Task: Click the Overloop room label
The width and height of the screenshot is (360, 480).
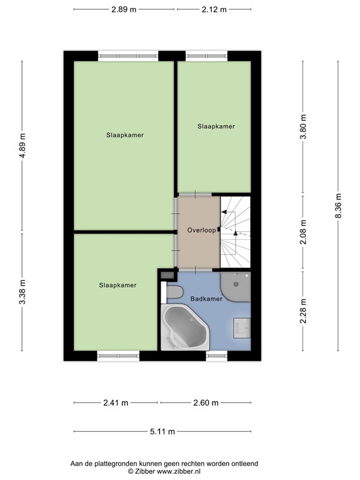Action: (x=201, y=230)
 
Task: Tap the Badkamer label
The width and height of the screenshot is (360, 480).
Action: (x=206, y=299)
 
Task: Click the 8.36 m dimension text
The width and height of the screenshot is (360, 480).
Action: (x=338, y=206)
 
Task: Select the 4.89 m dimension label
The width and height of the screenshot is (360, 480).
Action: (x=22, y=146)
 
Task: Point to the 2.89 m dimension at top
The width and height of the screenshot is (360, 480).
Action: (x=124, y=9)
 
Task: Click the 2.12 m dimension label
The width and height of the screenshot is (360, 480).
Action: (x=214, y=9)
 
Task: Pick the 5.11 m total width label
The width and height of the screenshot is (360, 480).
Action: (x=162, y=432)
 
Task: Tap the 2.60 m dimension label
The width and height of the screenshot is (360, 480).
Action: (x=206, y=403)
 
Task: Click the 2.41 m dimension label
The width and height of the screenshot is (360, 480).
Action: (x=116, y=403)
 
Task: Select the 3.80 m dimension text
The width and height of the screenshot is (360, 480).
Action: (x=303, y=127)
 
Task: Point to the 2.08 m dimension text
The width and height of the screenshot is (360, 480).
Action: (x=303, y=232)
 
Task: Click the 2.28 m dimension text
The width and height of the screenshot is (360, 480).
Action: (x=303, y=311)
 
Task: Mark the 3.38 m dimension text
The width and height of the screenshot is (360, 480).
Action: (x=22, y=292)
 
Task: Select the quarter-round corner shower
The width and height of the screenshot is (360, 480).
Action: (x=236, y=286)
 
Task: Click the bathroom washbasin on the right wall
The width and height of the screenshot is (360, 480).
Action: (x=242, y=328)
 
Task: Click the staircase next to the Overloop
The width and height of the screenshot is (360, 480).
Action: (x=236, y=232)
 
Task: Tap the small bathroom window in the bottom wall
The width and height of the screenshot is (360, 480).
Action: (x=217, y=356)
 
